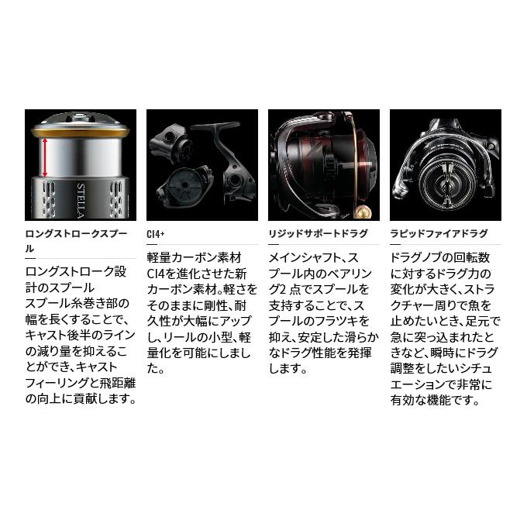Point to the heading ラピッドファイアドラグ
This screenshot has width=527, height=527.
click(439, 233)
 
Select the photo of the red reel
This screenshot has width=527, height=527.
click(323, 165)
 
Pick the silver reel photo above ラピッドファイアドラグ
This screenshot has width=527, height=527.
click(445, 165)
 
